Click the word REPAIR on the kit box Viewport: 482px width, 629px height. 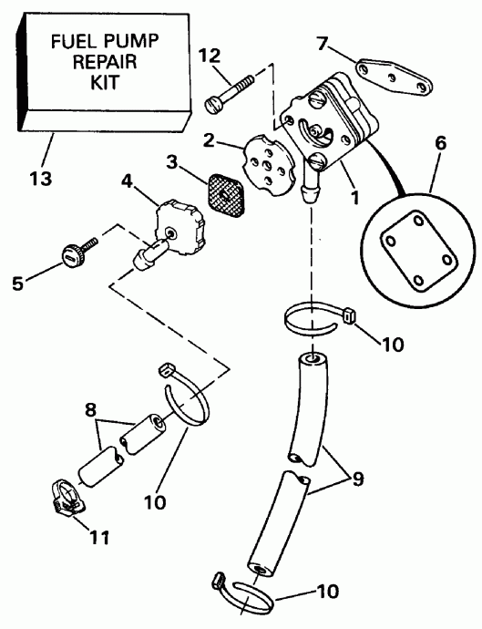(x=105, y=62)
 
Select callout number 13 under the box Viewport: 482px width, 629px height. (x=41, y=178)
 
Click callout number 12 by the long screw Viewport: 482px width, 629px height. (x=210, y=56)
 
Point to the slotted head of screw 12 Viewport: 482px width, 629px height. (x=213, y=106)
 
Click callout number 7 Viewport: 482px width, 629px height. (x=323, y=44)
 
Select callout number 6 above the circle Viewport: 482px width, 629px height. (x=440, y=143)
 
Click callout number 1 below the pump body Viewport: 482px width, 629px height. (x=354, y=198)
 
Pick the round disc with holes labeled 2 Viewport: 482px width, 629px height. (x=270, y=164)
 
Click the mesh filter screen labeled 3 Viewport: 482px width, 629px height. (x=227, y=195)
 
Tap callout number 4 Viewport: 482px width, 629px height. (x=127, y=181)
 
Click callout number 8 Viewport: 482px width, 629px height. (x=91, y=410)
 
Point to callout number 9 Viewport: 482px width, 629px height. (x=357, y=479)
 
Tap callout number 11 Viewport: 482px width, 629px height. (x=99, y=538)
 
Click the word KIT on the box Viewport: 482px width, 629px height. (x=105, y=83)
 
